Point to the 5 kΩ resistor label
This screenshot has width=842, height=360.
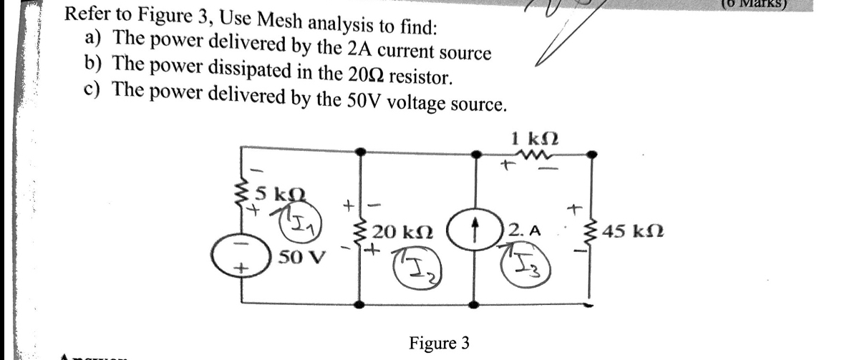274,193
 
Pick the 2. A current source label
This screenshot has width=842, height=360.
526,230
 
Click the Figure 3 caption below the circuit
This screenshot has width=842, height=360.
439,343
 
